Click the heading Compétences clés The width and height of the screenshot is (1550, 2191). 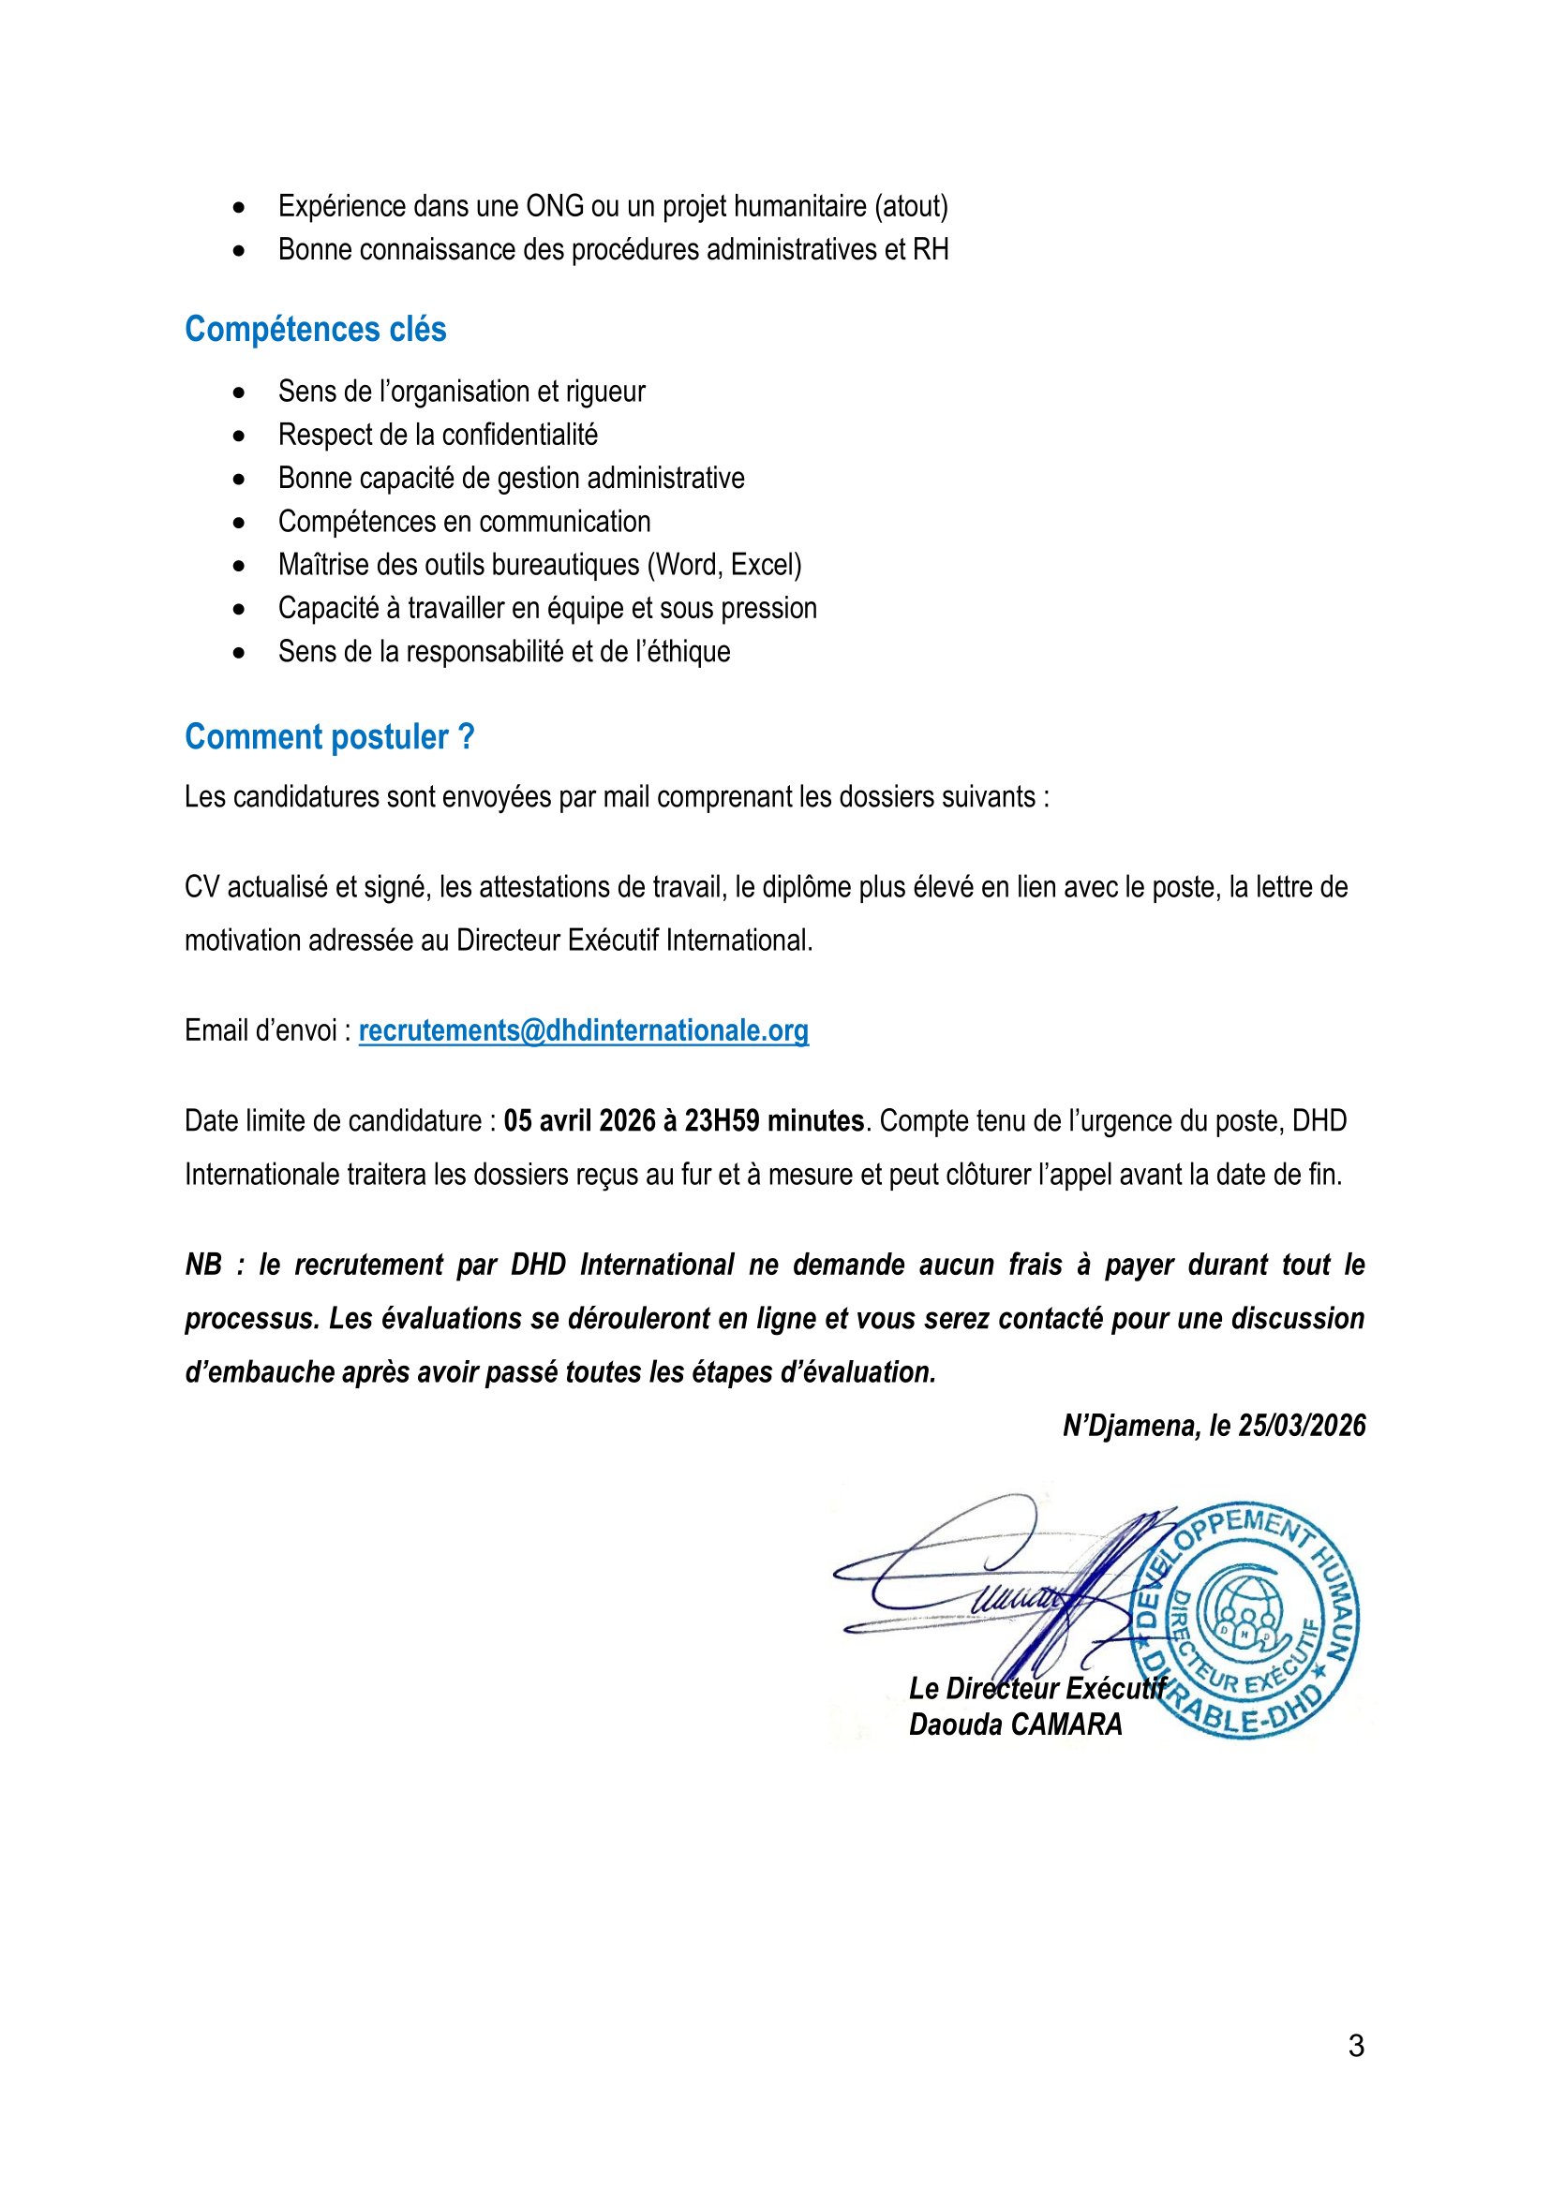pos(315,329)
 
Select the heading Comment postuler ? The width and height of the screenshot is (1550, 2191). pos(329,736)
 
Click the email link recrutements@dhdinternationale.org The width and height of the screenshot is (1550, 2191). pos(583,1030)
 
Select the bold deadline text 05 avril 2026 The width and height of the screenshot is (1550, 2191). pos(579,1120)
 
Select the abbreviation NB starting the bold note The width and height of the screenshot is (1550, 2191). pos(203,1266)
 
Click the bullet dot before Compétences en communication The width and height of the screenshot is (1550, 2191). pos(239,523)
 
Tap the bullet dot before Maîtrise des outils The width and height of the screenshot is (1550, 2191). pos(239,566)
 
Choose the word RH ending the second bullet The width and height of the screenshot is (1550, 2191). pos(931,250)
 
